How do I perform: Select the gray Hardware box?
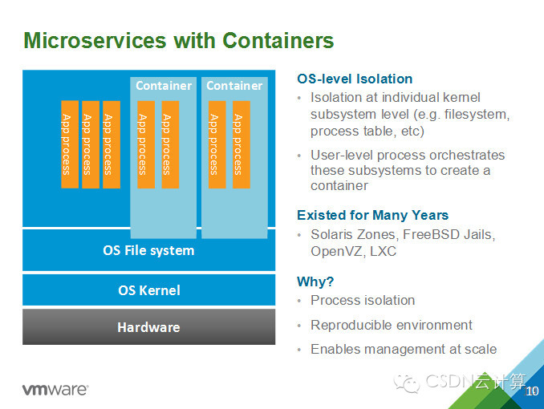(x=148, y=327)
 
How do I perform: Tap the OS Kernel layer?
(x=148, y=290)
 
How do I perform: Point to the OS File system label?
(x=148, y=250)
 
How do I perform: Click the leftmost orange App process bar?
(x=69, y=144)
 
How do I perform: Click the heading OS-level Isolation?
(x=355, y=79)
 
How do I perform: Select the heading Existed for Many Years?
(x=372, y=215)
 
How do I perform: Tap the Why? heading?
(x=315, y=281)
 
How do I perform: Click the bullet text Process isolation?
(x=363, y=300)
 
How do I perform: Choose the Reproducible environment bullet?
(x=392, y=325)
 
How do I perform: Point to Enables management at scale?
(x=404, y=349)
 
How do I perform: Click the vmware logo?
(x=55, y=390)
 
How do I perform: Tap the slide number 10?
(x=531, y=391)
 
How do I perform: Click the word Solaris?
(x=333, y=234)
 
